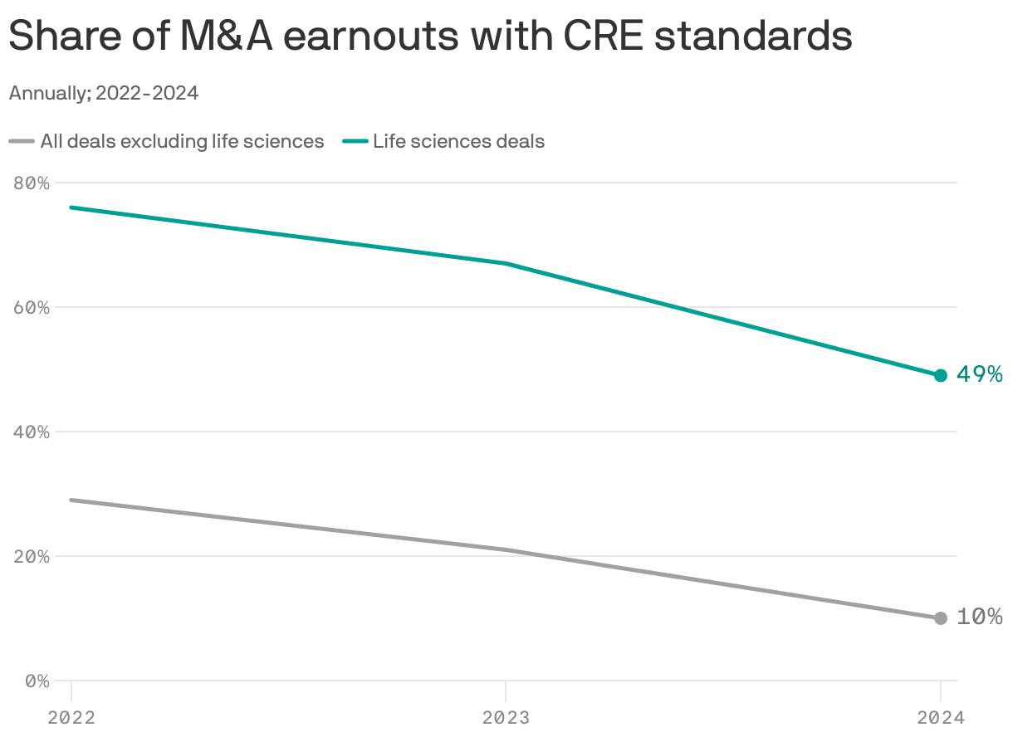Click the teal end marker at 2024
(940, 375)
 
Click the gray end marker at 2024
(940, 617)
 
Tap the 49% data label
(980, 374)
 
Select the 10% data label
(980, 617)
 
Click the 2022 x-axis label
(71, 717)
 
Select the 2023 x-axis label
(506, 717)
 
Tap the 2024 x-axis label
(940, 717)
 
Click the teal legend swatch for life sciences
(355, 142)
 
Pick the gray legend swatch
(22, 142)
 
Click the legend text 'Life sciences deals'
(458, 142)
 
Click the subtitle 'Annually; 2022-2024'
(104, 93)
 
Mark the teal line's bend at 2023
(506, 263)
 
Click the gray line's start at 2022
(71, 500)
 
